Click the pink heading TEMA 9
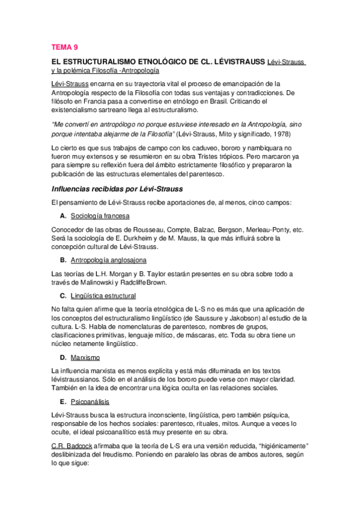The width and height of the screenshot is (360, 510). tap(65, 46)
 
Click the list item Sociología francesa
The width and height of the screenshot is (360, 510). tap(100, 216)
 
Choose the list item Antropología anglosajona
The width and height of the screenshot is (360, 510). tap(108, 260)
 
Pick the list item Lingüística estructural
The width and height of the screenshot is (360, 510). tap(103, 295)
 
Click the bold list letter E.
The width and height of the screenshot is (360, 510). tap(63, 401)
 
